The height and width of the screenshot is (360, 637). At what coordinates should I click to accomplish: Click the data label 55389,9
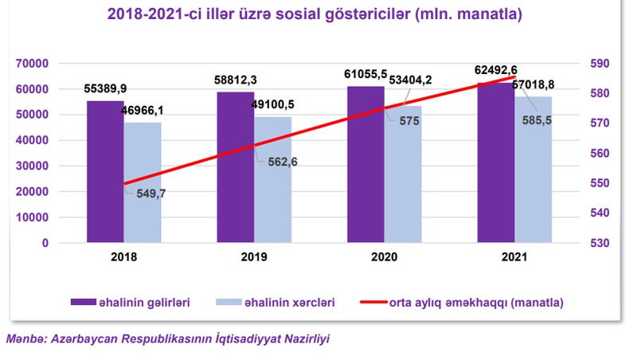pyautogui.click(x=105, y=87)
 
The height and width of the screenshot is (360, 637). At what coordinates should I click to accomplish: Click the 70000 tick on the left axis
pyautogui.click(x=33, y=64)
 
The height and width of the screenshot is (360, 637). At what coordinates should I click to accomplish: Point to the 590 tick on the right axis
pyautogui.click(x=598, y=64)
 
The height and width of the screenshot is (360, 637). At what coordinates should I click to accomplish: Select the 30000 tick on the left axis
pyautogui.click(x=33, y=166)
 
